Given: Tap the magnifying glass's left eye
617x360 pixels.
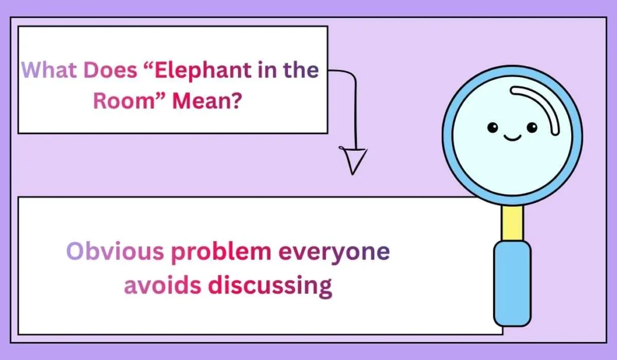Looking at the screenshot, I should (x=493, y=127).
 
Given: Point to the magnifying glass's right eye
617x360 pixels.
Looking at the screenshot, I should (x=531, y=127).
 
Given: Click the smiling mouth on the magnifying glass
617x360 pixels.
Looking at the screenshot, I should (x=512, y=138).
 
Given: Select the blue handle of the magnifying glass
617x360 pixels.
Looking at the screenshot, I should (x=512, y=283).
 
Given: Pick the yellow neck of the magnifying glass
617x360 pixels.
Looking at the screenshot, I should (x=513, y=223).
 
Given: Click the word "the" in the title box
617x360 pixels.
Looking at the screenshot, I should (x=301, y=71).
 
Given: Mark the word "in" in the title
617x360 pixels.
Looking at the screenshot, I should (x=263, y=71).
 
